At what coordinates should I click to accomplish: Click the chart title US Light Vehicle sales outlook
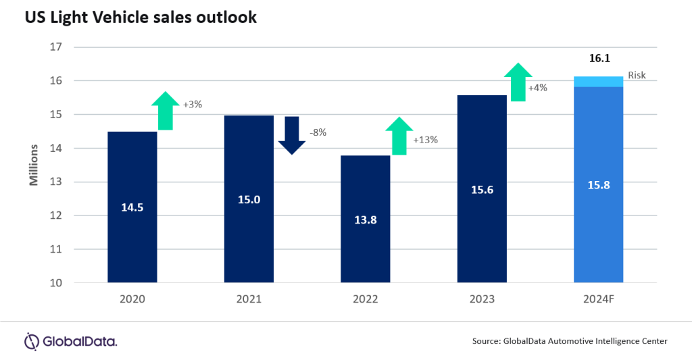click(141, 18)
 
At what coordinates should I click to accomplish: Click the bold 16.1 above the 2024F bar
click(598, 59)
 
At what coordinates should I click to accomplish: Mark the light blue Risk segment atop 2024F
click(598, 82)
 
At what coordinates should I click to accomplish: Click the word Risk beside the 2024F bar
click(637, 76)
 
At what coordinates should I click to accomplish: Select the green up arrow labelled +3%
click(165, 110)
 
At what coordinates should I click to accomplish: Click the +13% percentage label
click(425, 140)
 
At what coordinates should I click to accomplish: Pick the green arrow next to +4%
click(518, 82)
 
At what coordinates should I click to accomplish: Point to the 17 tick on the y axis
click(55, 47)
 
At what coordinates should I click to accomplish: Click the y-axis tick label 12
click(55, 215)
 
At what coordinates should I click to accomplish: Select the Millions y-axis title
click(32, 165)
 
